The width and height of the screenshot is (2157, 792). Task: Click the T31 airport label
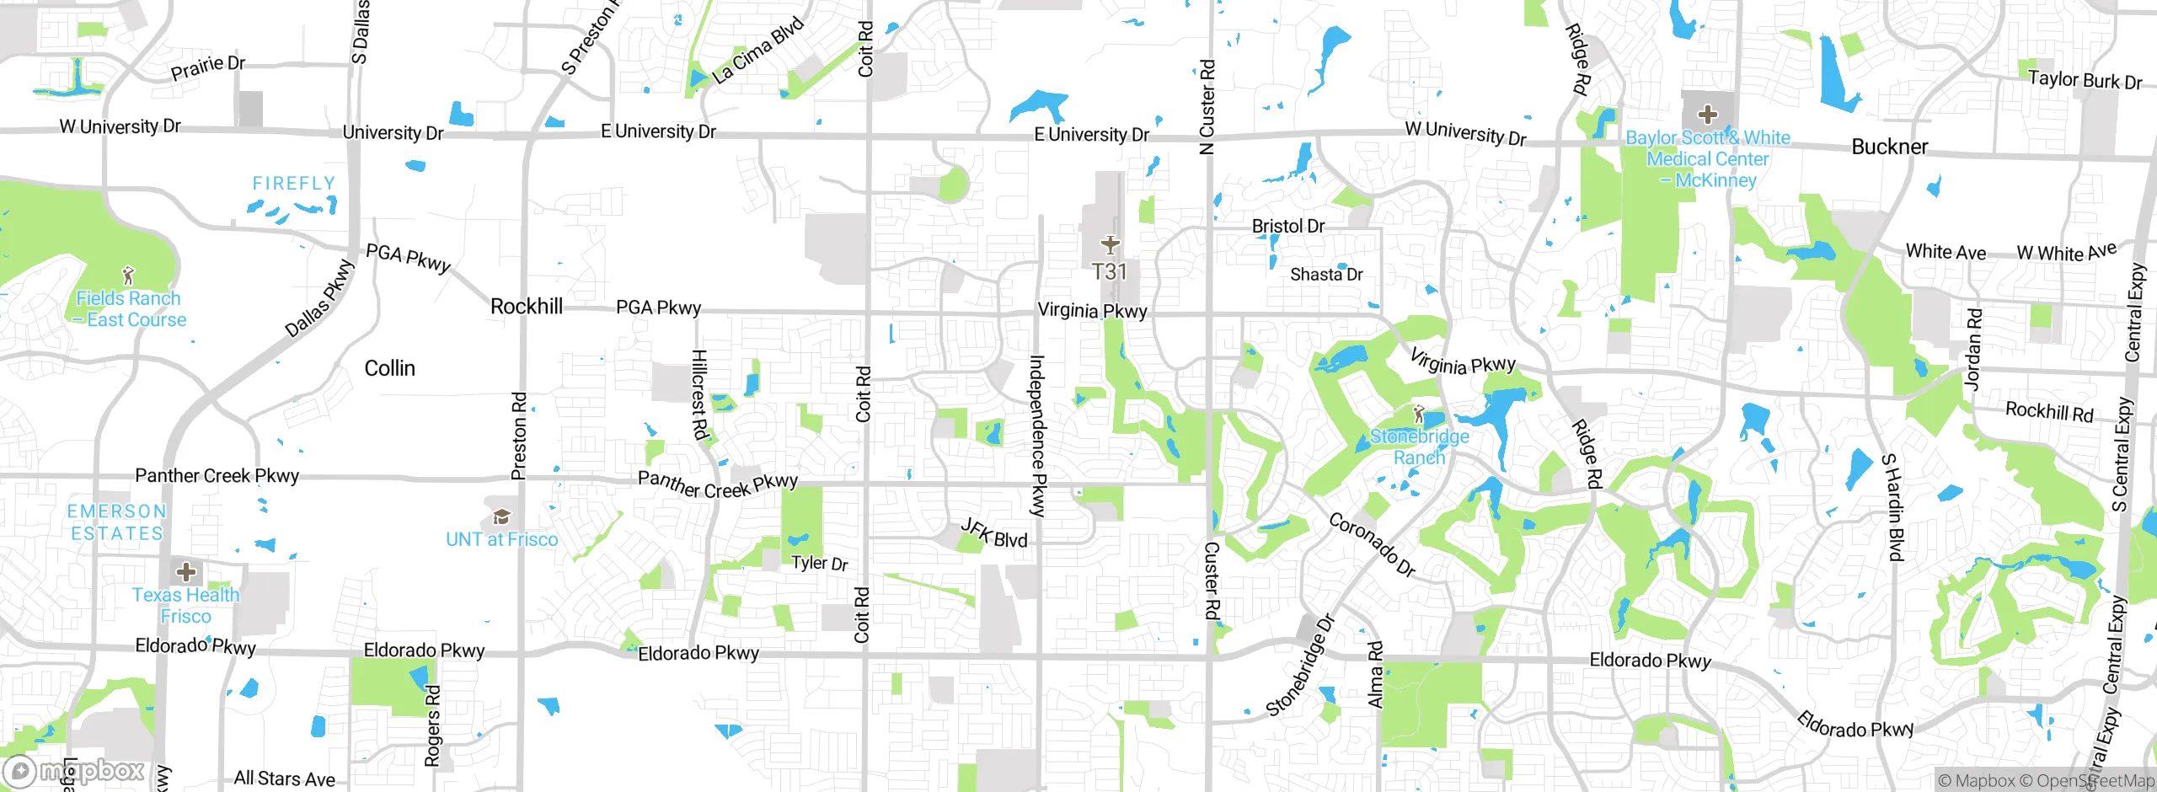(1109, 272)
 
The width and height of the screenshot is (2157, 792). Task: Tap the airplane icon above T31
(1110, 245)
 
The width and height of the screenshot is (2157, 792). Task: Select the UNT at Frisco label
(501, 540)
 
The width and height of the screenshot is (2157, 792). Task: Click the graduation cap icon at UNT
(501, 516)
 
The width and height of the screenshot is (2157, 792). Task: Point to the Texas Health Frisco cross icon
(185, 573)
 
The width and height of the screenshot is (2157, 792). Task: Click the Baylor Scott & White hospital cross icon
(1707, 115)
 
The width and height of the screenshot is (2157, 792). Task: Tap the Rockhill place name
(527, 307)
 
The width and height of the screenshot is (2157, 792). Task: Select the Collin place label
(389, 368)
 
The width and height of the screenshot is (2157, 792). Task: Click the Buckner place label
(1889, 147)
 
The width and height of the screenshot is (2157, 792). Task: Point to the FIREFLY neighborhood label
(294, 184)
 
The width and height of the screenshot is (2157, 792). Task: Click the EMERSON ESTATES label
(117, 522)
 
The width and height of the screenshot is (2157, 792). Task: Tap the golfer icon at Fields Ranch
(128, 276)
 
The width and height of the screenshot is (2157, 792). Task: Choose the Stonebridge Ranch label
(1420, 447)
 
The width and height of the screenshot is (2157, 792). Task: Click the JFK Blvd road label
(994, 534)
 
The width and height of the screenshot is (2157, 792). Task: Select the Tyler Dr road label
(819, 563)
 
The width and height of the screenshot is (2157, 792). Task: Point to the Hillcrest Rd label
(699, 394)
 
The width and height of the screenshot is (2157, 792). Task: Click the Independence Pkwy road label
(1038, 435)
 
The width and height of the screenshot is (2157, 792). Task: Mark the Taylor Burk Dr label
(2085, 81)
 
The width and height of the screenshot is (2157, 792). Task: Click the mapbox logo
(76, 771)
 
